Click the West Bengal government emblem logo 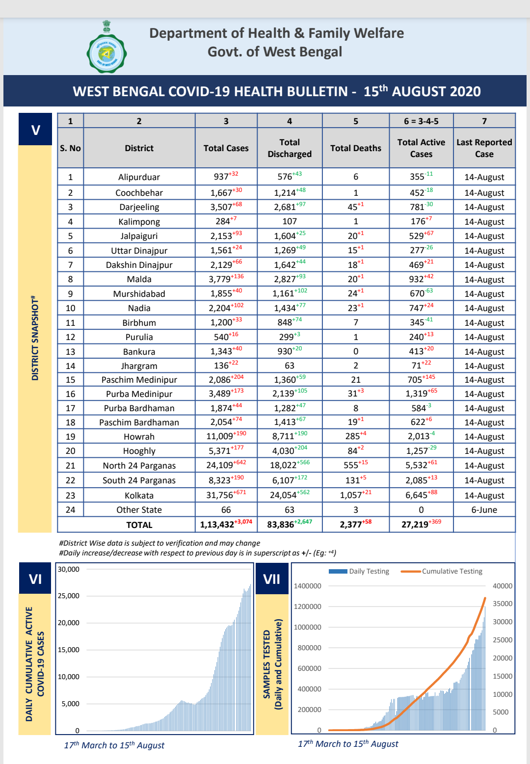[106, 48]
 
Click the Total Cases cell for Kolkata [226, 495]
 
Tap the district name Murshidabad [139, 294]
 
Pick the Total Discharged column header [290, 148]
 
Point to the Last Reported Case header [484, 148]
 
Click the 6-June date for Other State [484, 510]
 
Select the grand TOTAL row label [139, 525]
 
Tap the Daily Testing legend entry [359, 571]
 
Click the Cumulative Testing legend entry [442, 571]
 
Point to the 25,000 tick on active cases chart [69, 596]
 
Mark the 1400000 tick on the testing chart [307, 586]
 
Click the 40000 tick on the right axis [502, 586]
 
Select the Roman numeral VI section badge [35, 579]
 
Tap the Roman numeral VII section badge [272, 579]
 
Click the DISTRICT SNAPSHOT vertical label [35, 339]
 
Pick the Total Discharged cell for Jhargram [290, 366]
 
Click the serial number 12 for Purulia [70, 337]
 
